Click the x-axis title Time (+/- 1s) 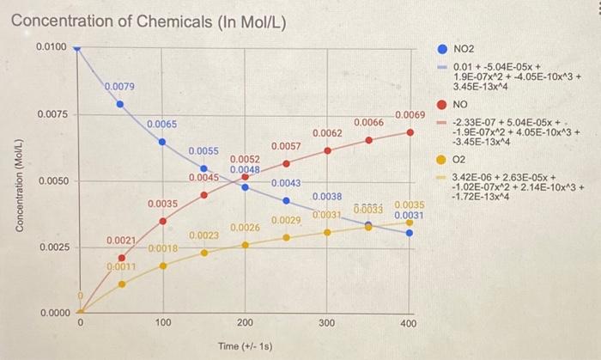(x=245, y=345)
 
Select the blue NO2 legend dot (x=441, y=49)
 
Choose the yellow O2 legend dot (x=441, y=159)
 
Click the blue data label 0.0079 (x=118, y=86)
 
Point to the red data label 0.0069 (x=410, y=115)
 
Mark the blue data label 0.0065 (x=161, y=125)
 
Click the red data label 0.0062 (x=327, y=133)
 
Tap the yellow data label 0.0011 (x=120, y=267)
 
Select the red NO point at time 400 (x=410, y=132)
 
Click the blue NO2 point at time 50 (x=120, y=105)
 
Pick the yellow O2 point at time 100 (x=162, y=265)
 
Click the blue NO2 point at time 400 (x=410, y=232)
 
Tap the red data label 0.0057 (x=286, y=147)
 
